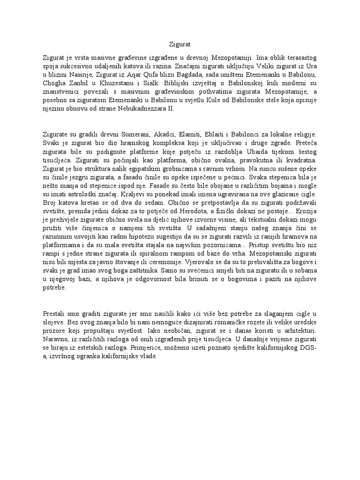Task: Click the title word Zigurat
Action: [x=180, y=45]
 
